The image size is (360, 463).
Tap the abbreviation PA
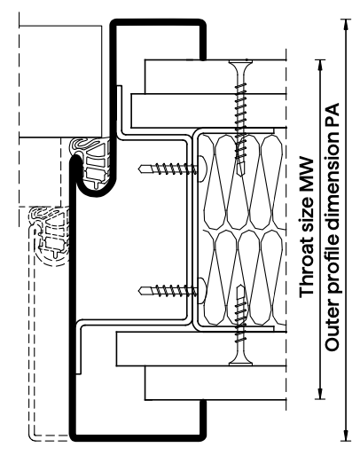pyautogui.click(x=332, y=114)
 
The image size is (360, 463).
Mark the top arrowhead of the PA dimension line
pyautogui.click(x=346, y=24)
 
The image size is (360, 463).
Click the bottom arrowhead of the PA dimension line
pyautogui.click(x=346, y=436)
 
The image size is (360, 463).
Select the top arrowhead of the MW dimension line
pyautogui.click(x=320, y=65)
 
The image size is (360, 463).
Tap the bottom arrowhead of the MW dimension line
pyautogui.click(x=320, y=394)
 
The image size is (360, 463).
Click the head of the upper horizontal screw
pyautogui.click(x=202, y=169)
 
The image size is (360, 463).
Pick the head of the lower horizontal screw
pyautogui.click(x=202, y=291)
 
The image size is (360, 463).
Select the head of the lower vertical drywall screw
pyautogui.click(x=240, y=360)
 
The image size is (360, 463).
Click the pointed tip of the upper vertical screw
pyautogui.click(x=240, y=175)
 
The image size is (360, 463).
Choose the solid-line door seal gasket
pyautogui.click(x=90, y=162)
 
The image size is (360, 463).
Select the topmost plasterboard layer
pyautogui.click(x=215, y=77)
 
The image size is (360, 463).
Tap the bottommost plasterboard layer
pyautogui.click(x=215, y=383)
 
